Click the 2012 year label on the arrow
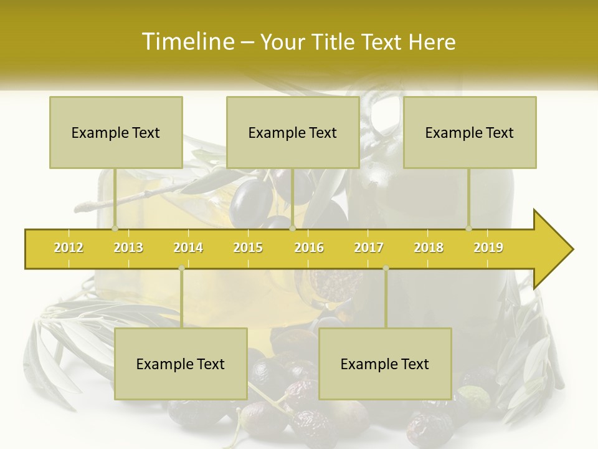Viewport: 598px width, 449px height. (69, 248)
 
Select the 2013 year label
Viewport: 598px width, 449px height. (128, 248)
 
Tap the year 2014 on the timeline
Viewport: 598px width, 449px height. (188, 248)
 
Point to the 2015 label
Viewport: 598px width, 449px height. (248, 248)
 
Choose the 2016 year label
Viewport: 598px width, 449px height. (309, 248)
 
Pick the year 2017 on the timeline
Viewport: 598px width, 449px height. (369, 248)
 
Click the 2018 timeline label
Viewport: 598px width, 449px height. (429, 248)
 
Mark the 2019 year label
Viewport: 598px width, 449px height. (488, 248)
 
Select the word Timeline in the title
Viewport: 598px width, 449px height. (187, 42)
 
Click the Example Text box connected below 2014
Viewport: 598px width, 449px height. (181, 364)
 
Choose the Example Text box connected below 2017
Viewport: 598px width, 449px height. (385, 364)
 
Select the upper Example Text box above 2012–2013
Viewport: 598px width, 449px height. (116, 132)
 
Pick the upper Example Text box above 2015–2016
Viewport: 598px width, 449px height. (293, 132)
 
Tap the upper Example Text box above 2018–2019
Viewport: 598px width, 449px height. (470, 132)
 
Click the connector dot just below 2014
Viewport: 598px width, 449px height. (181, 268)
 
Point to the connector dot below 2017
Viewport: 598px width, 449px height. (386, 268)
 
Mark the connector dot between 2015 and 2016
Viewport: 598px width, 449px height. (292, 229)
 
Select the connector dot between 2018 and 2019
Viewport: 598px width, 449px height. (469, 229)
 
